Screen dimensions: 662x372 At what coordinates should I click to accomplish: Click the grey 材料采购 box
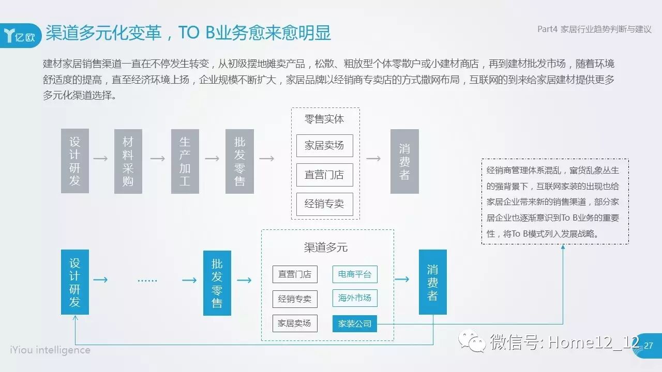point(128,161)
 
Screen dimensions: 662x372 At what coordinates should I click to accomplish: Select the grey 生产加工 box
point(185,161)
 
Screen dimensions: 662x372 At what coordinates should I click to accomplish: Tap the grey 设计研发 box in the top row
point(75,161)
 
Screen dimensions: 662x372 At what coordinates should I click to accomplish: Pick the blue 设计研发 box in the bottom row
point(75,282)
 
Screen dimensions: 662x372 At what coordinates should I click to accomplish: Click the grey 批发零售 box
point(239,161)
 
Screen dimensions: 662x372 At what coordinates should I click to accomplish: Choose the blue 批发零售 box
point(217,283)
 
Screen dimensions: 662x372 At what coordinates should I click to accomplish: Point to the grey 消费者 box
point(404,161)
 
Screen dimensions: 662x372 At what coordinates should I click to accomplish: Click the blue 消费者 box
point(433,282)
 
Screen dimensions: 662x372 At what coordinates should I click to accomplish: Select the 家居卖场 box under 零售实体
point(324,146)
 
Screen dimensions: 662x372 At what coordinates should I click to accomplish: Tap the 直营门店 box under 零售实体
point(324,175)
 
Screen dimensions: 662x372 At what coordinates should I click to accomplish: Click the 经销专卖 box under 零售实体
point(324,204)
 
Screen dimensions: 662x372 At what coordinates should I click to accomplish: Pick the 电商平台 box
point(355,274)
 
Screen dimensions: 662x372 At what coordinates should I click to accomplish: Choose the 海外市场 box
point(355,298)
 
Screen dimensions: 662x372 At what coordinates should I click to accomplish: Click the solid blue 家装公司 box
point(355,323)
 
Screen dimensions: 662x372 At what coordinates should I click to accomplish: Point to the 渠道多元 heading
point(326,247)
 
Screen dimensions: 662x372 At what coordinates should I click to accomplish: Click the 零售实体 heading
point(324,119)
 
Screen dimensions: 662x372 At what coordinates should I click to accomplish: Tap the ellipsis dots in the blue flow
point(147,281)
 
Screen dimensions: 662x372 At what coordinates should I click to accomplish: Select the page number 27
point(649,345)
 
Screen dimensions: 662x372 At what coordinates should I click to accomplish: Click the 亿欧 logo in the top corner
point(20,36)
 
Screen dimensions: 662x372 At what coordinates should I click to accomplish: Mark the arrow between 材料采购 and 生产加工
point(157,159)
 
